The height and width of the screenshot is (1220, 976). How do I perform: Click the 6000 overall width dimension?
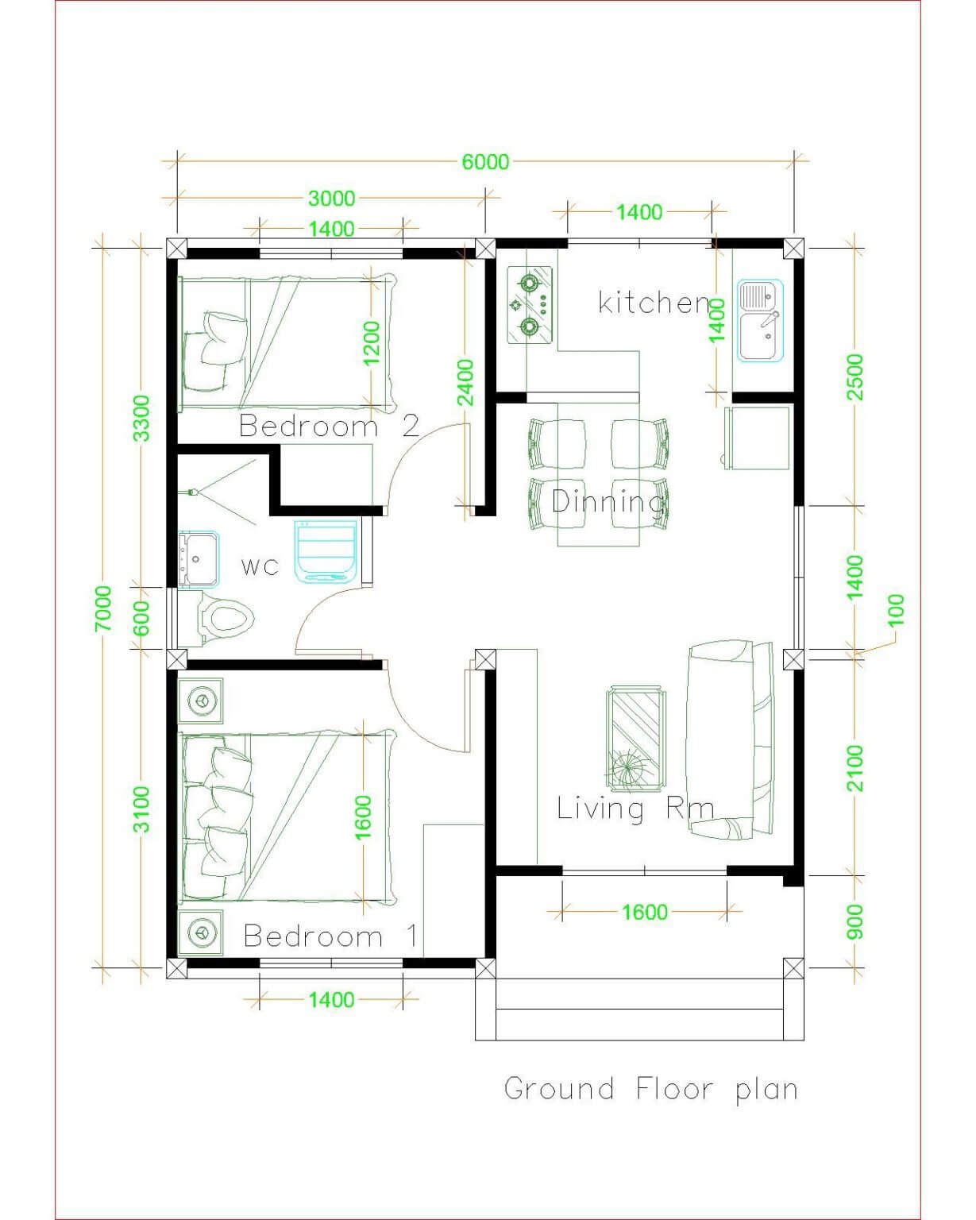485,162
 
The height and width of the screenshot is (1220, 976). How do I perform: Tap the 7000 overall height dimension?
104,608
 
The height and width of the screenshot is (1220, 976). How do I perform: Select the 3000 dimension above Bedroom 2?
332,199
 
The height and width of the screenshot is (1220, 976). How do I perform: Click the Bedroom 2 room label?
330,426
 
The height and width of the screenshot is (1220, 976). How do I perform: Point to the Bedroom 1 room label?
330,936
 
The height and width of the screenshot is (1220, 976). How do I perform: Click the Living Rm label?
635,809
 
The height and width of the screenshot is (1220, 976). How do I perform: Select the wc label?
260,566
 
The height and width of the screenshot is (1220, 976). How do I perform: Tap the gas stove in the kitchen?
530,305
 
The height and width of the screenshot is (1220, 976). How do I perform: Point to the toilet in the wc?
225,618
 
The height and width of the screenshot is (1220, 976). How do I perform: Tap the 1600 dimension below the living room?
644,912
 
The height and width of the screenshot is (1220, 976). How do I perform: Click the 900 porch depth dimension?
855,922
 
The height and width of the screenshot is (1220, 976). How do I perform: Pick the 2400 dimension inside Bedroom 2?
465,383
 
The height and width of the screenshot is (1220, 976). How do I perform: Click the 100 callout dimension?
896,609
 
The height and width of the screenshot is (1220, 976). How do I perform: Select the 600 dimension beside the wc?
141,617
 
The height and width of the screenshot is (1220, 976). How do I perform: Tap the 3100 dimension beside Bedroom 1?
141,809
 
